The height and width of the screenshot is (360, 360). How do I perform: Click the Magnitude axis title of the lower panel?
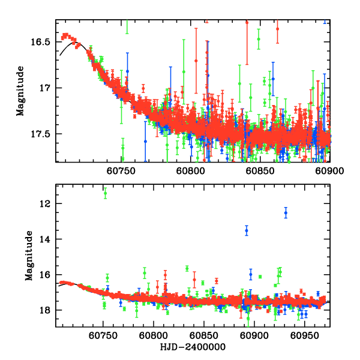tap(28, 256)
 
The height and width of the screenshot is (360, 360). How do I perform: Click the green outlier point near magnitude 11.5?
tap(105, 193)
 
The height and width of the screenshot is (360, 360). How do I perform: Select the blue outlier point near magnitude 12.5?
tap(286, 213)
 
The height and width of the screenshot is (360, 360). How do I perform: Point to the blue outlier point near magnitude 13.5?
tap(246, 230)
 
